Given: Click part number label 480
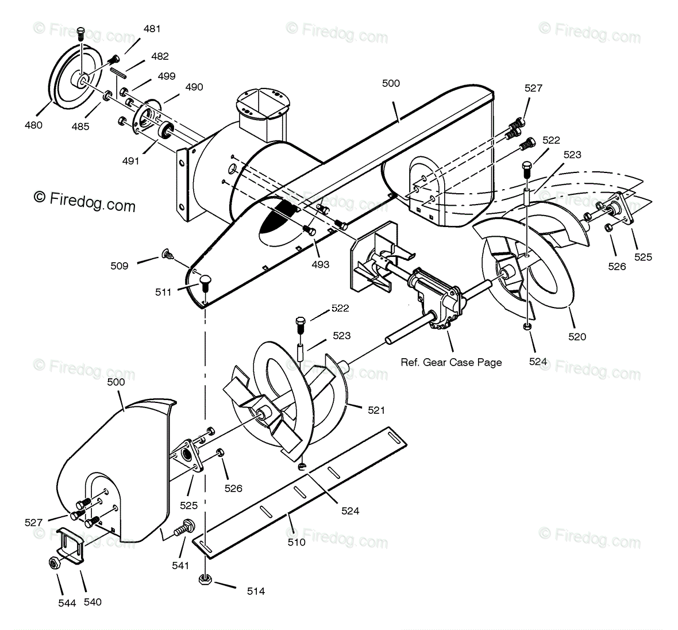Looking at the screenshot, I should pos(33,124).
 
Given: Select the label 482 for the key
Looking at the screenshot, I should pos(160,56).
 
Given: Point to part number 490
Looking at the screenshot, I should pos(194,87).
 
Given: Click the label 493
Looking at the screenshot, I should pos(321,264).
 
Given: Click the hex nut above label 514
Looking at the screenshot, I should pos(205,579).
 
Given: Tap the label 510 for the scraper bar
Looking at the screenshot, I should pos(296,541).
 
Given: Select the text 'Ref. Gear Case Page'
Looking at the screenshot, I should pos(451,362).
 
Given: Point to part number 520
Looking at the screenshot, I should pos(577,336).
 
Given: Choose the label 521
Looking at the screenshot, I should pos(376,410).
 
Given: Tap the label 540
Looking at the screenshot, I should pos(92,602).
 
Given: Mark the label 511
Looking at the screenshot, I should pos(163,292).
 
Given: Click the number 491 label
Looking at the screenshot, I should pos(130,161).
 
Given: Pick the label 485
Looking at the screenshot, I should pos(80,126).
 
